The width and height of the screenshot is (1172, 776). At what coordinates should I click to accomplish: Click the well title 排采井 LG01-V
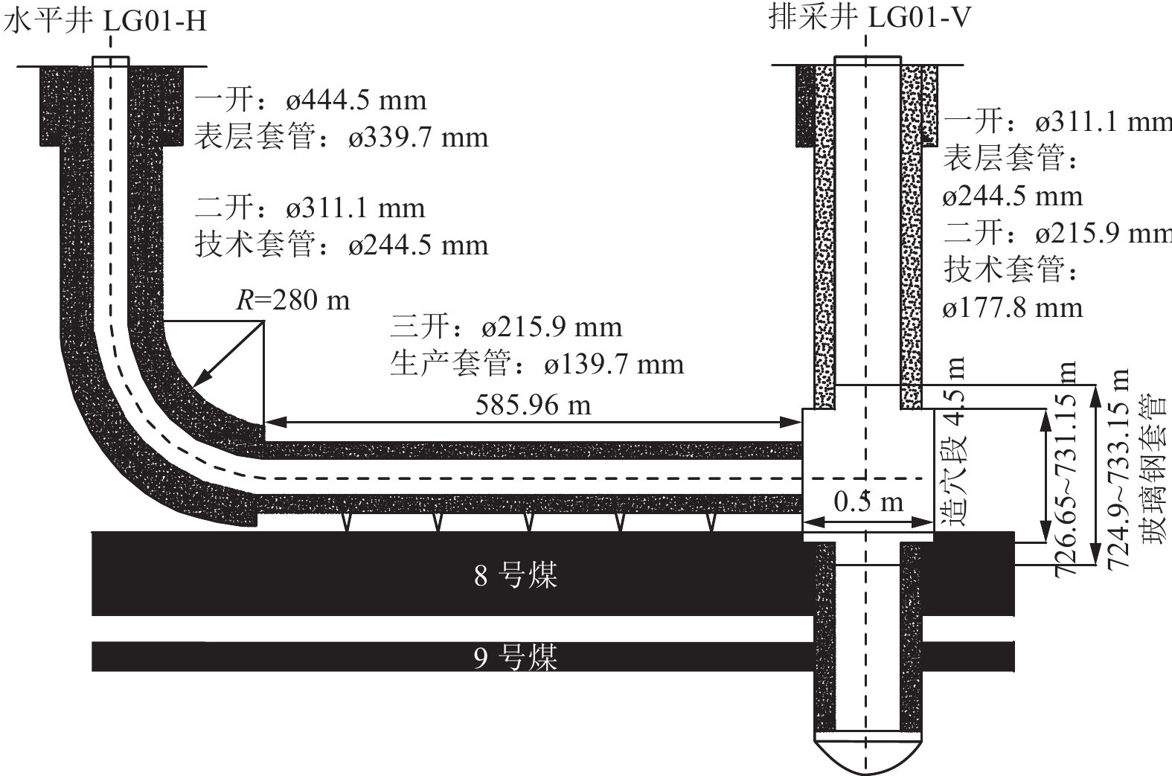868,16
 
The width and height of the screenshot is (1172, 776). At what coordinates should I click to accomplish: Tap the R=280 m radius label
292,299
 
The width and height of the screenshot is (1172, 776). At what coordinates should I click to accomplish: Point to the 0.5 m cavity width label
868,502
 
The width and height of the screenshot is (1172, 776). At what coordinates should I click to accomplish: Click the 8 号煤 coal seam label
516,575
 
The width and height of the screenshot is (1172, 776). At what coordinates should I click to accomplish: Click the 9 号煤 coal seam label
516,657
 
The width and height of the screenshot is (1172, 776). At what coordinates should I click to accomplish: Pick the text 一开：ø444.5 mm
311,100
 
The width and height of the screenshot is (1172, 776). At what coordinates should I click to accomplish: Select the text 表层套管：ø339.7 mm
342,137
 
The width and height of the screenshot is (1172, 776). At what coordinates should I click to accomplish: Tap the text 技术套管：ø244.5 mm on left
342,245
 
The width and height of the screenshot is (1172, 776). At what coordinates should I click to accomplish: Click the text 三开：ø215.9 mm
505,327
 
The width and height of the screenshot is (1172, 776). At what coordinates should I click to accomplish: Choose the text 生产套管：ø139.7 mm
537,364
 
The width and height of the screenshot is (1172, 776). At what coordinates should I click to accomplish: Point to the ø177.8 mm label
1012,307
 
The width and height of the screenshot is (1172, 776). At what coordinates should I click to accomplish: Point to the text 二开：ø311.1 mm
310,208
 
